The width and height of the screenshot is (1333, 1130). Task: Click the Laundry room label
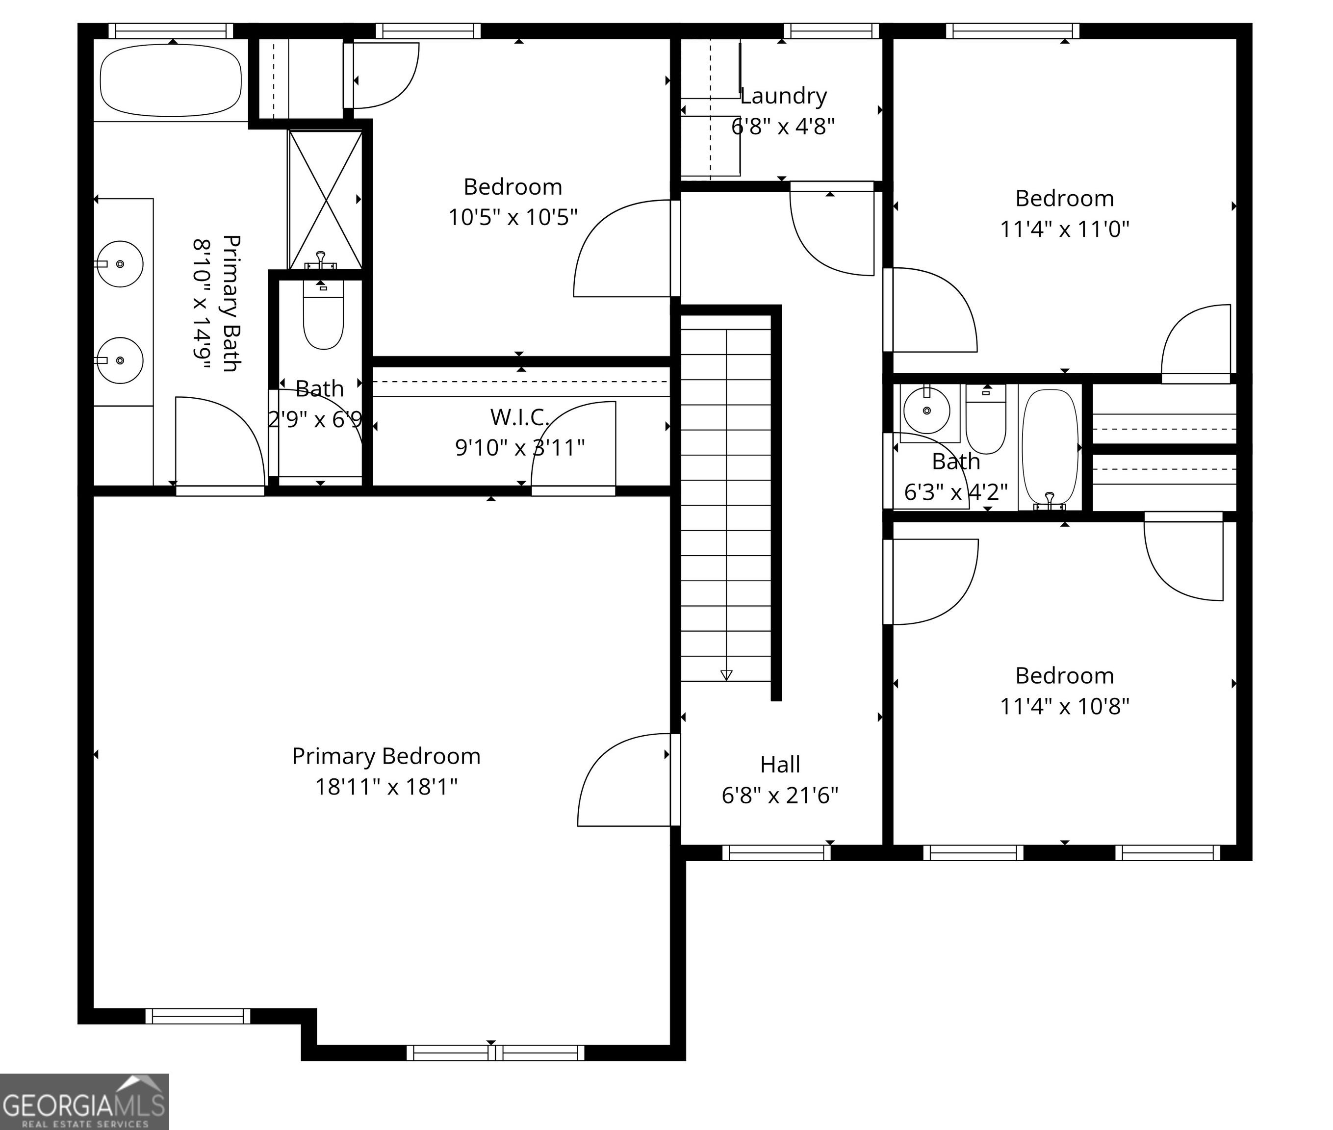[x=783, y=96]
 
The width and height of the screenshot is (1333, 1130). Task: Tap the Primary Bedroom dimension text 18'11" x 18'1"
[x=386, y=787]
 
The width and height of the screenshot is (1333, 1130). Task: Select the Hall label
[x=780, y=764]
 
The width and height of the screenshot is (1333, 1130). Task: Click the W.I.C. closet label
[x=519, y=417]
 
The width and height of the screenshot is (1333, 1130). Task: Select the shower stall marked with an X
[x=326, y=199]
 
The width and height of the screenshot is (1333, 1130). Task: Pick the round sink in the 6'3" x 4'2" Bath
[x=926, y=411]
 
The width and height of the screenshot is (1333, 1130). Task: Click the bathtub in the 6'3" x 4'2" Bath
[x=1050, y=448]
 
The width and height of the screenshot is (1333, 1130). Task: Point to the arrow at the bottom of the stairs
[x=726, y=674]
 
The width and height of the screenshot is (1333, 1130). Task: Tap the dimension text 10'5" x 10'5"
[x=513, y=218]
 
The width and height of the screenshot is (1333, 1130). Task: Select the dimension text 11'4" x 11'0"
[x=1065, y=229]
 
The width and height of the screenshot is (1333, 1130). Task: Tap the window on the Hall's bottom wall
[x=776, y=852]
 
